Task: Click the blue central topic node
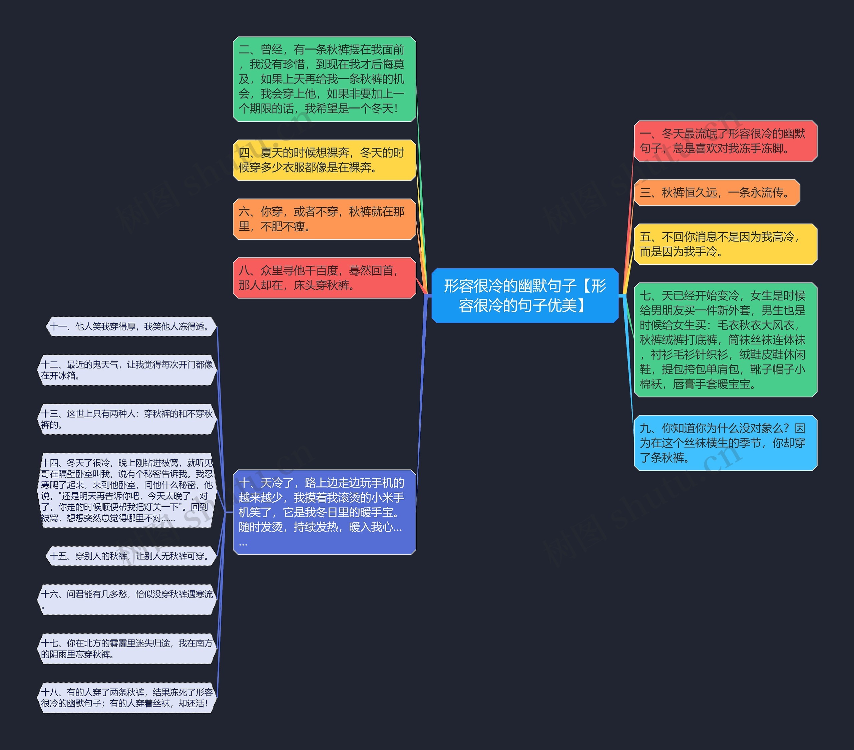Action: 525,296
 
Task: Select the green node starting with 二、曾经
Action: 324,79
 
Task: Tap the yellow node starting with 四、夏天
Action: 324,160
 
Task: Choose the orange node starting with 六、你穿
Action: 324,219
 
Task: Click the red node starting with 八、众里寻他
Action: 324,278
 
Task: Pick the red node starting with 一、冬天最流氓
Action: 725,141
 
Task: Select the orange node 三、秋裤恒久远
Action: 717,192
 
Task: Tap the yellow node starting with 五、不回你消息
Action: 725,244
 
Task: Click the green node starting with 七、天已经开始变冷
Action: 725,340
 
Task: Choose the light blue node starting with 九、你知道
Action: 725,443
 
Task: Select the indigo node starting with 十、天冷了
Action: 324,512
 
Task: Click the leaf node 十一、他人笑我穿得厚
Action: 131,326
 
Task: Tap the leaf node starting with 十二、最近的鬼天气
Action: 127,370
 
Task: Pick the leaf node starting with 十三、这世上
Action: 127,419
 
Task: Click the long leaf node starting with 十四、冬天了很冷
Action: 127,490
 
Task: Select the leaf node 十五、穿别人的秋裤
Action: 131,556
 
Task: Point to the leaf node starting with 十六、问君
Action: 127,599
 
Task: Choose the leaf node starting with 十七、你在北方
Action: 127,649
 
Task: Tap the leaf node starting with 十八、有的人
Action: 127,698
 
